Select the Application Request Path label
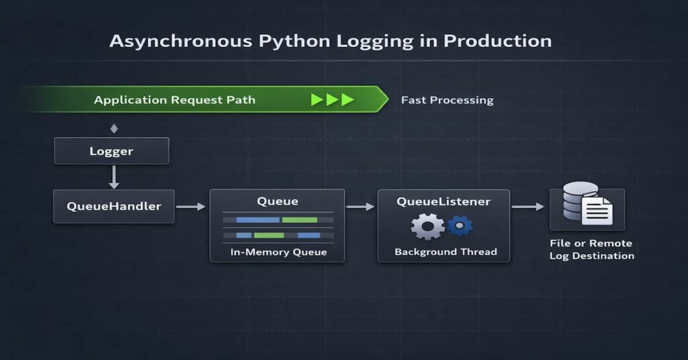(x=174, y=100)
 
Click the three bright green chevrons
(x=332, y=100)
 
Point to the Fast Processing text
(x=447, y=100)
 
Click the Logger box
(x=112, y=151)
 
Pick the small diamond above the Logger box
(x=114, y=128)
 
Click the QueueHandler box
(x=114, y=206)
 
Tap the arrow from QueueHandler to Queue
(x=191, y=207)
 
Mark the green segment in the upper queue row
(x=299, y=220)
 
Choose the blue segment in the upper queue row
(x=257, y=220)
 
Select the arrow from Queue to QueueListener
(x=360, y=207)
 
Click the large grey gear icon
(x=427, y=226)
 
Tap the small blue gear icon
(x=460, y=225)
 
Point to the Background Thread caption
(x=445, y=252)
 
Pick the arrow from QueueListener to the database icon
(x=528, y=207)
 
